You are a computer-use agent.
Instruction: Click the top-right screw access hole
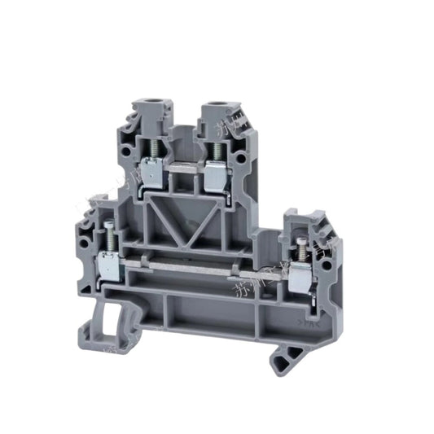pos(219,105)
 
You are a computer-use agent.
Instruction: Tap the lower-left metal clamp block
pos(105,265)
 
